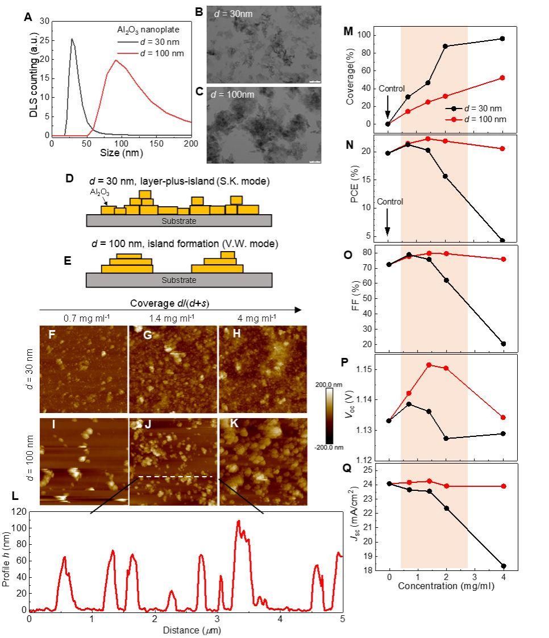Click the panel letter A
[28, 17]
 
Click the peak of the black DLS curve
[72, 39]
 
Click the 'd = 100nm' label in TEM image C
[236, 94]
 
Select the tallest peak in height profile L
[238, 520]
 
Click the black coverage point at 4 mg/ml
[502, 39]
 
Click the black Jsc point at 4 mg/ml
[504, 566]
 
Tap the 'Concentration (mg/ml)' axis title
[446, 585]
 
